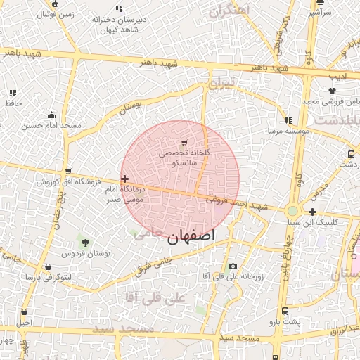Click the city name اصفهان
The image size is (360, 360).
pos(191,236)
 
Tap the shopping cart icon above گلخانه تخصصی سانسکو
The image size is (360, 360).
pos(184,143)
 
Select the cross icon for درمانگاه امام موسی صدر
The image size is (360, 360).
pos(124,179)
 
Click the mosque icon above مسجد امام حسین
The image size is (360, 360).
pos(51,115)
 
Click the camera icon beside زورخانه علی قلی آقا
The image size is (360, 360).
pos(233,266)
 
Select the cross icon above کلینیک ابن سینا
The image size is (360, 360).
pos(312,212)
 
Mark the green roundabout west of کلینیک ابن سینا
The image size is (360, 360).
pos(292,211)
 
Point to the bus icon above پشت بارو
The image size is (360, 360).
pos(285,311)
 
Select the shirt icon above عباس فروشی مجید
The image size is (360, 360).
pos(332,91)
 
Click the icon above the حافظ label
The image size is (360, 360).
pos(13,93)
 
